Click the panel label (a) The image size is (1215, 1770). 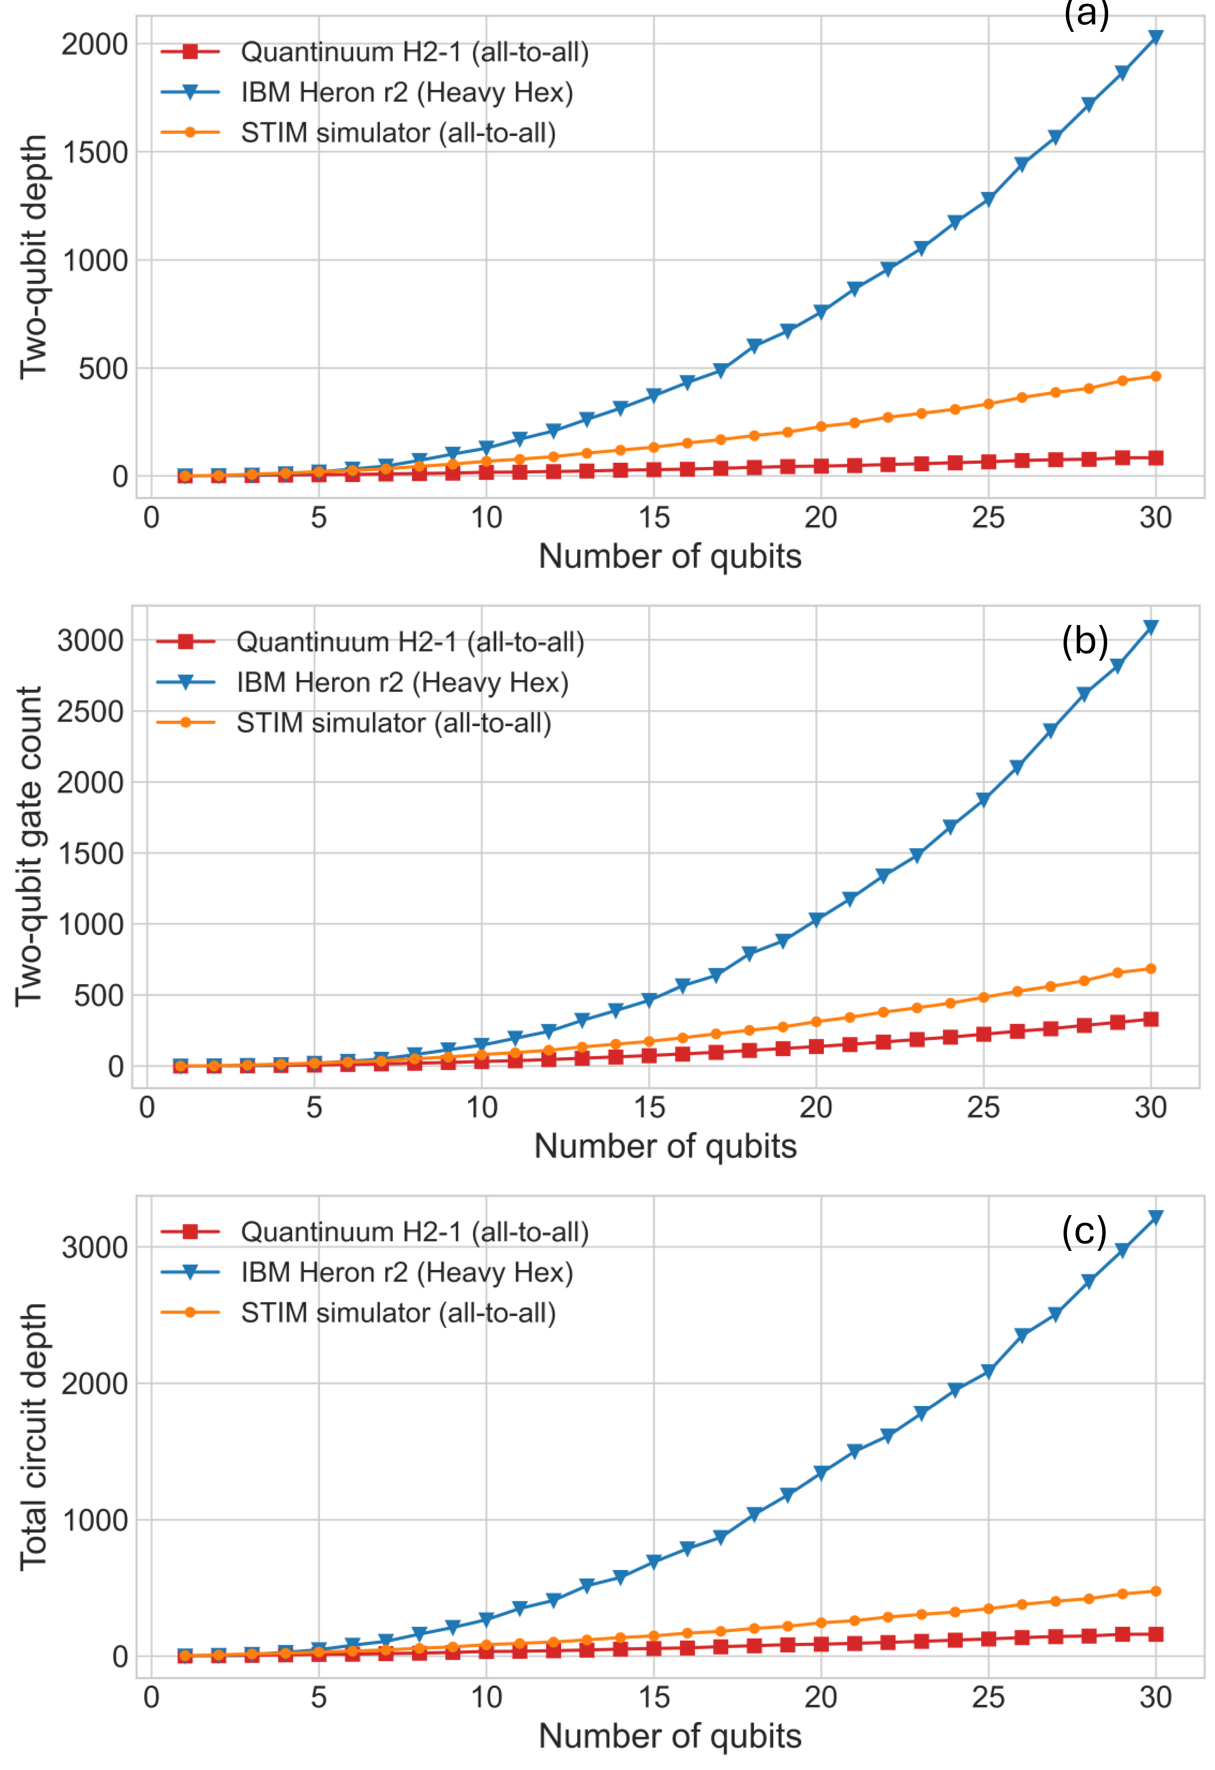[x=1085, y=14]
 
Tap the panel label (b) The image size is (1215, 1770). [x=1084, y=641]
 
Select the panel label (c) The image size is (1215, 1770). [x=1084, y=1231]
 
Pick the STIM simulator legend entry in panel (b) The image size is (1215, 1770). [x=393, y=723]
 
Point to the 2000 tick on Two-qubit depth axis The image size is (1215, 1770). [x=94, y=44]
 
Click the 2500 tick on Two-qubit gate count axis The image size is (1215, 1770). [x=90, y=711]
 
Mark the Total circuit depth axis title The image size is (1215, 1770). [x=33, y=1436]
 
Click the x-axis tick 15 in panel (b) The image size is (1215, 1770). [x=649, y=1107]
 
